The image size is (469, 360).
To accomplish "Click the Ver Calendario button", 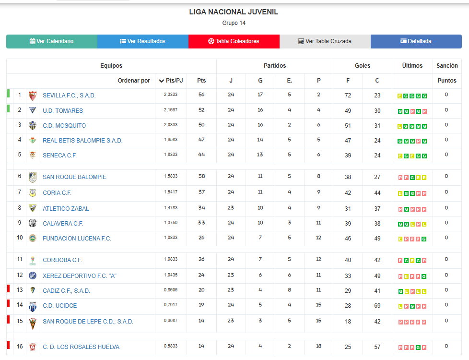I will click(x=52, y=41).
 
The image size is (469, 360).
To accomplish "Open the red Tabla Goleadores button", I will click(x=234, y=41).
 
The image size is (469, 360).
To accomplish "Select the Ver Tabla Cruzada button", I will click(x=325, y=41).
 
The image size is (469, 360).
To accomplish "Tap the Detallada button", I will click(x=416, y=41).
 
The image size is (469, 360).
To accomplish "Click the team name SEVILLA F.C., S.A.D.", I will click(x=69, y=96).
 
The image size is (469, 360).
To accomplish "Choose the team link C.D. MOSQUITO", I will click(x=64, y=126).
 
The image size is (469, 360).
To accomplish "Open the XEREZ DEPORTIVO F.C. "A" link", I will click(x=80, y=276).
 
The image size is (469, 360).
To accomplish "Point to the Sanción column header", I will click(x=447, y=66).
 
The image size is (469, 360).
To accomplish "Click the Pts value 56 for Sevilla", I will click(x=201, y=95).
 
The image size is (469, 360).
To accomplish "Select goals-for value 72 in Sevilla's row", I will click(x=348, y=96).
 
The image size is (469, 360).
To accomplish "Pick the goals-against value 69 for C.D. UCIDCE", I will click(x=377, y=306).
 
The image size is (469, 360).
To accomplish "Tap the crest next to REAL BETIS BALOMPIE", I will click(x=32, y=140).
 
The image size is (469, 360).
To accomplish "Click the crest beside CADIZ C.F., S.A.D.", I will click(x=32, y=290).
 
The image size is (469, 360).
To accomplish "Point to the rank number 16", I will click(x=20, y=347).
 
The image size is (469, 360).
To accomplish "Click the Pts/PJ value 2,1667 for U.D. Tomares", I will click(x=170, y=110).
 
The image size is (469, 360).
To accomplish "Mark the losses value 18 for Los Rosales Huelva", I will click(x=318, y=347).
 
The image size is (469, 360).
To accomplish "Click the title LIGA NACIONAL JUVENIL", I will click(x=234, y=12).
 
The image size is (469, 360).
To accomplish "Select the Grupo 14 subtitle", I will click(x=234, y=23).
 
